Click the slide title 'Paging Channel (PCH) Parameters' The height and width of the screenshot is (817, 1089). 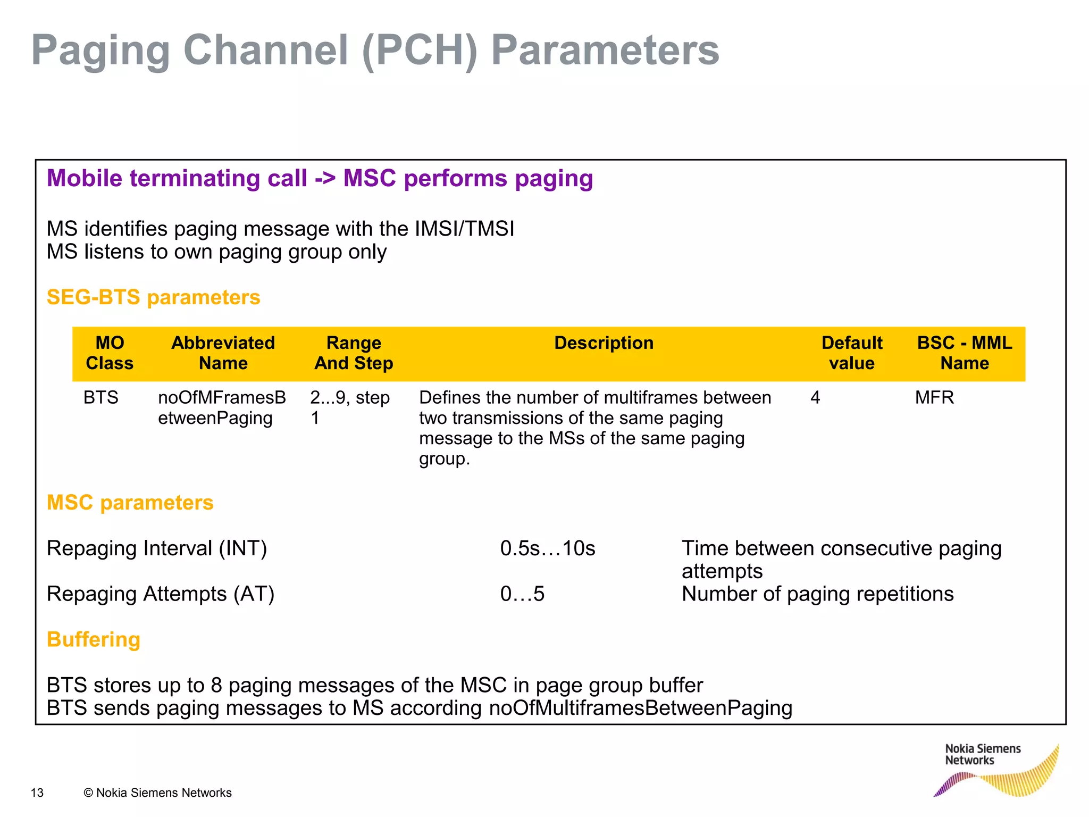pos(375,51)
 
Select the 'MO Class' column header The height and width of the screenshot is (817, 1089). pos(110,353)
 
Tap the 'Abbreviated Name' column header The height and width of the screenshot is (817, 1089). pos(223,353)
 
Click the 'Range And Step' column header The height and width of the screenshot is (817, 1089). pos(354,353)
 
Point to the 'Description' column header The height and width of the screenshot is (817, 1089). pos(604,343)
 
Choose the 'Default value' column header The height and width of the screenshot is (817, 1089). pos(851,353)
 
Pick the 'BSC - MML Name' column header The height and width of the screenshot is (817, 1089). pos(964,353)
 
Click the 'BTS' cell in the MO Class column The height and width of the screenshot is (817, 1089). pos(101,398)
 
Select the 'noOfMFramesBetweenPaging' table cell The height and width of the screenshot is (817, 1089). pos(222,408)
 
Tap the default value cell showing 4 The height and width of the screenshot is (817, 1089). pos(815,398)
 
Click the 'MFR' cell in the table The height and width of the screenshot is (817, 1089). pos(934,398)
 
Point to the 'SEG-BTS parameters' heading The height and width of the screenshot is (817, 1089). pos(153,297)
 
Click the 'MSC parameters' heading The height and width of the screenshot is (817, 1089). pos(130,503)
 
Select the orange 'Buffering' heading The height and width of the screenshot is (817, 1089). pos(94,639)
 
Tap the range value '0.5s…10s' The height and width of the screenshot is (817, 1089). pos(548,548)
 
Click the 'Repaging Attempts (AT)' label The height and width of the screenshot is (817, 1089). pos(161,594)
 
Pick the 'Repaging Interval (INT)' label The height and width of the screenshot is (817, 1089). pos(157,548)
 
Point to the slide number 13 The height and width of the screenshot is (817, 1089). pos(37,793)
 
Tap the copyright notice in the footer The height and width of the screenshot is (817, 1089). pos(157,793)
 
